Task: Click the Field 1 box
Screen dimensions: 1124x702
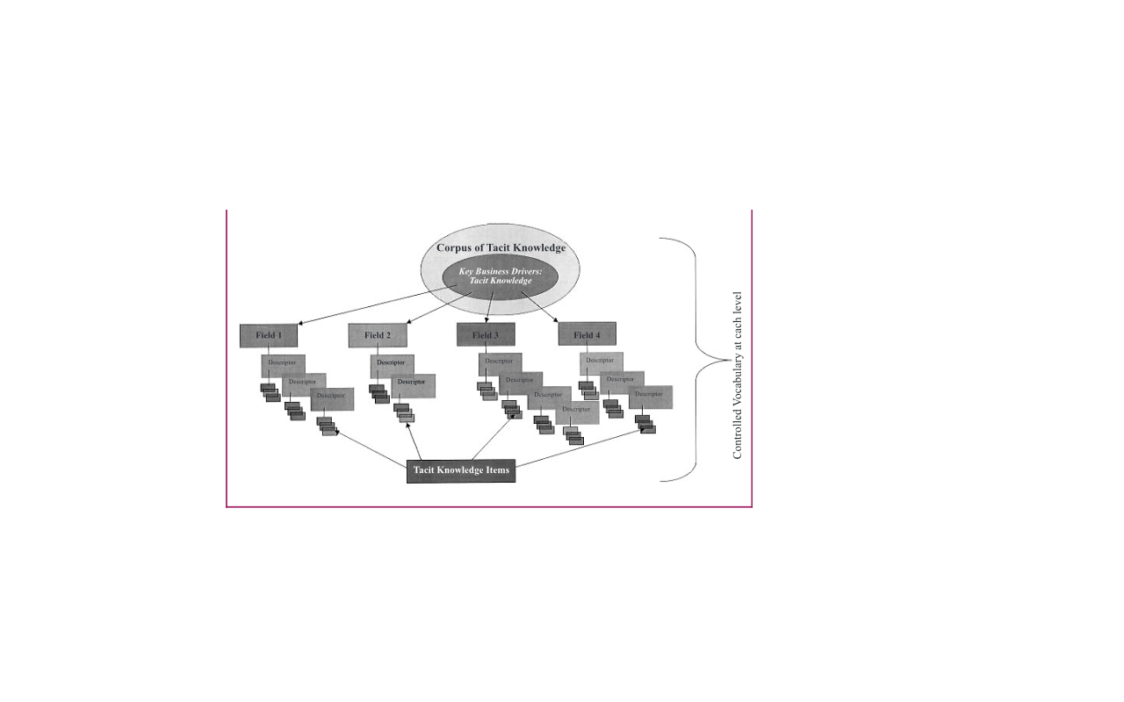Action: [x=268, y=335]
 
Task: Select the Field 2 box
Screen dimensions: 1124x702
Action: [x=378, y=335]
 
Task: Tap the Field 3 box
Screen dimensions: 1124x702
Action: [x=485, y=334]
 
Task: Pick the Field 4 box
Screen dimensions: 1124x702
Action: [x=587, y=334]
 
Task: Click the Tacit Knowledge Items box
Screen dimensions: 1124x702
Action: [x=461, y=470]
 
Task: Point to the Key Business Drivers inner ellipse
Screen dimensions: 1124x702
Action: [x=495, y=276]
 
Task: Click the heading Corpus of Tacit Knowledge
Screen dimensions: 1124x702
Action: [x=501, y=248]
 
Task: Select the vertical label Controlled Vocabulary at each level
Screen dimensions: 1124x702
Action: [x=738, y=376]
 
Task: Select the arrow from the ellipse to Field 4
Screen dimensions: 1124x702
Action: [x=539, y=308]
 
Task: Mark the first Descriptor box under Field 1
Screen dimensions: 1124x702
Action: [x=283, y=362]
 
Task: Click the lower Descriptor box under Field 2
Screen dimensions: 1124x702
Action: [x=413, y=383]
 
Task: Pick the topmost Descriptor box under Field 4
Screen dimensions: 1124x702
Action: [x=601, y=362]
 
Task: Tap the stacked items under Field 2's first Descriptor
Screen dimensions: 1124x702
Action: [x=380, y=394]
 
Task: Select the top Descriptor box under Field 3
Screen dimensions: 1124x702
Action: [x=500, y=362]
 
